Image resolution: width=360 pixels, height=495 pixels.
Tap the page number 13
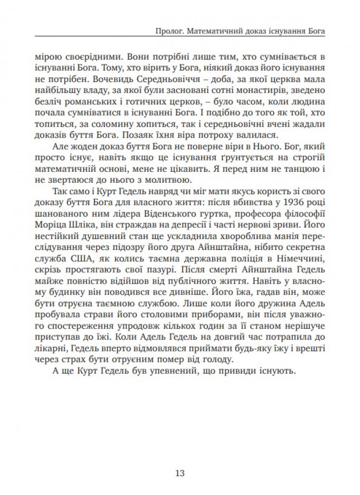click(180, 472)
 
